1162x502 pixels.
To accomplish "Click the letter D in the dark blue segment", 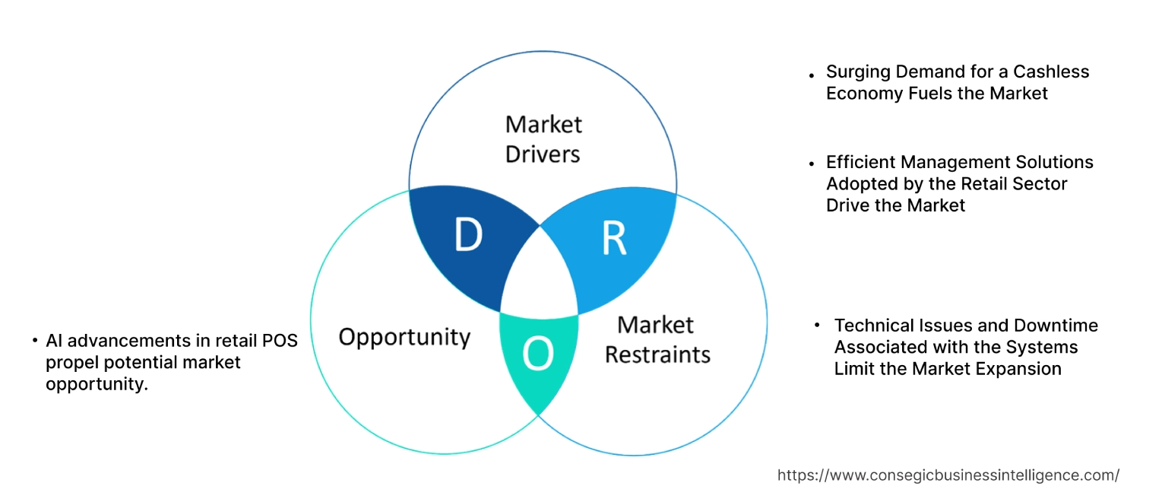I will [x=468, y=235].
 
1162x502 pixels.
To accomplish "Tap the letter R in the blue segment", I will [x=613, y=237].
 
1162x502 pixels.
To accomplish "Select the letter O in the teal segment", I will [x=538, y=354].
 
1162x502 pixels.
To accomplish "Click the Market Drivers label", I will [x=543, y=138].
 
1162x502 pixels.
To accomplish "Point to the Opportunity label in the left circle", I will [x=404, y=337].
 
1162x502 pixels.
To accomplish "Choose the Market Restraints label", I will [x=657, y=339].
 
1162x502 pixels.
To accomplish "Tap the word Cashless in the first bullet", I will [x=1053, y=71].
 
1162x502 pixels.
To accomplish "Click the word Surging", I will [x=856, y=72].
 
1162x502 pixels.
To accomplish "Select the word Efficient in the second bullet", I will [x=857, y=162].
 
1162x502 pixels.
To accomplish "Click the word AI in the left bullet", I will [x=54, y=340].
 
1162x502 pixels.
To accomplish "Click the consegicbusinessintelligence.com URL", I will [x=948, y=475].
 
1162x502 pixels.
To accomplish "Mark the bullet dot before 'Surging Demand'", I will [x=812, y=75].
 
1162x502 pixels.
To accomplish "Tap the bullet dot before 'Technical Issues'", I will [x=818, y=325].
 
